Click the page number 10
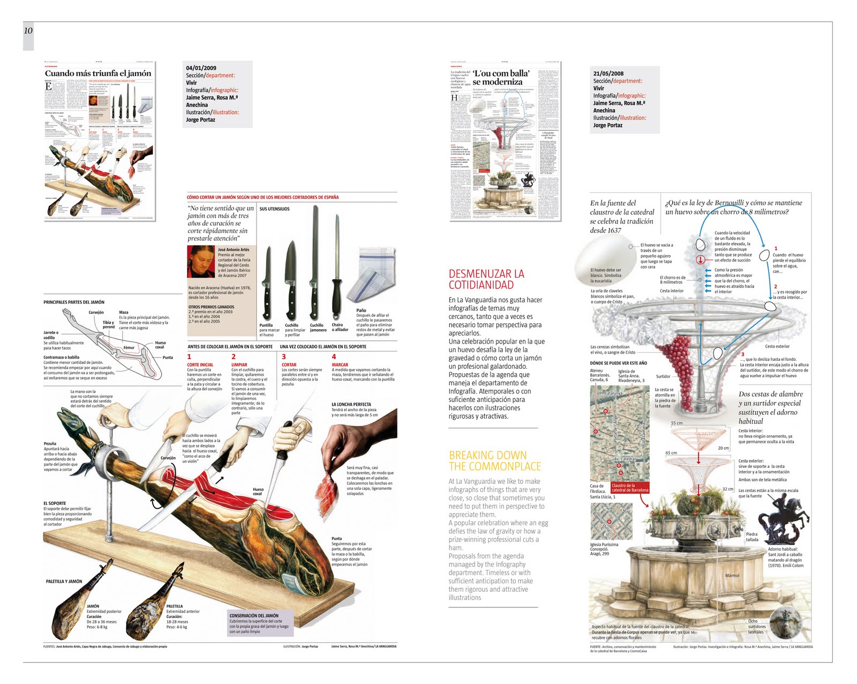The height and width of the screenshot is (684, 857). click(28, 31)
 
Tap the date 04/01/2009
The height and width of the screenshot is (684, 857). click(201, 68)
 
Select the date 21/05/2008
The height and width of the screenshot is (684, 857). click(608, 73)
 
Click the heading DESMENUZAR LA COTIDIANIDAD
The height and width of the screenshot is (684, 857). click(486, 279)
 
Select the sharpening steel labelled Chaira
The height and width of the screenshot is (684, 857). click(337, 268)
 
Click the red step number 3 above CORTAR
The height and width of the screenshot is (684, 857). click(284, 356)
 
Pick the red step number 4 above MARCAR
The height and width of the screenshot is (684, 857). click(334, 356)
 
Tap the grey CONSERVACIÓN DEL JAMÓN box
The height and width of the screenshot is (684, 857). click(260, 623)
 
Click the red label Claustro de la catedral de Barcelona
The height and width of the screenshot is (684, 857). click(629, 488)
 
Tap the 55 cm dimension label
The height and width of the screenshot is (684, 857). click(677, 423)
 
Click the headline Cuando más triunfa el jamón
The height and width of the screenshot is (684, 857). click(98, 73)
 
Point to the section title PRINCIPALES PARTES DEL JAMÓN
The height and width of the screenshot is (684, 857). click(74, 302)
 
